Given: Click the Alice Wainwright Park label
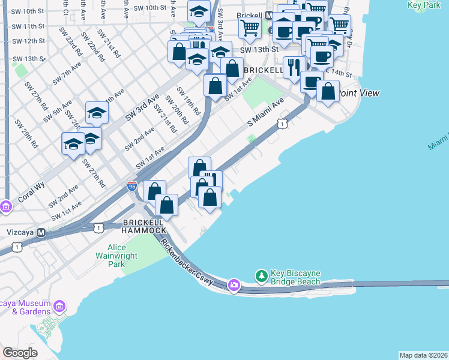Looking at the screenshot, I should pos(122,256).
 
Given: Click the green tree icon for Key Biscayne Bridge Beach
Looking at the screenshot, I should pos(261,277).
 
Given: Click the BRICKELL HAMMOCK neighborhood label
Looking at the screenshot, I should pos(143,226).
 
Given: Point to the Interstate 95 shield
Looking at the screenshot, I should pos(132,187).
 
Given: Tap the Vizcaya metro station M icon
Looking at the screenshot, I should pos(41,232).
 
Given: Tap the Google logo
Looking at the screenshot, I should pos(20,353).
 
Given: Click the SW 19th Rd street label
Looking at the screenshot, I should pos(188,101).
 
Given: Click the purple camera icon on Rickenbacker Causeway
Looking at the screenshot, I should pos(234,284).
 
